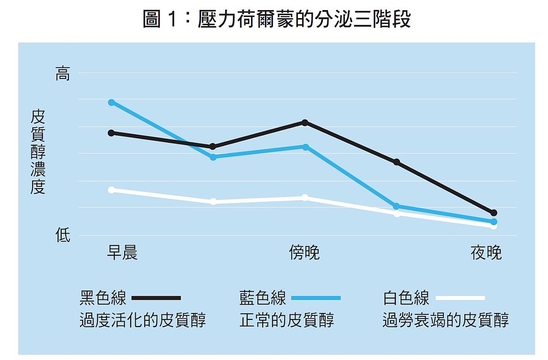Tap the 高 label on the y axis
[x=63, y=73]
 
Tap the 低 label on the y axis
[x=63, y=235]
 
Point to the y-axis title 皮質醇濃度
[x=38, y=152]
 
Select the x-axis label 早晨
[x=122, y=252]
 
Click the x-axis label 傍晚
[x=304, y=252]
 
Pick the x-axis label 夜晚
[x=486, y=252]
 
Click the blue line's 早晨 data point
[x=111, y=102]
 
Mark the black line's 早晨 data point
[x=111, y=133]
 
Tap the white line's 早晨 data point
[x=111, y=189]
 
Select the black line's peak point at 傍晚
[x=305, y=122]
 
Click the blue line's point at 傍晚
[x=306, y=147]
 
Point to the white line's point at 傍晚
[x=305, y=198]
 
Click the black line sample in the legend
[x=156, y=298]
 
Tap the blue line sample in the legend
[x=316, y=298]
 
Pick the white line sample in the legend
[x=460, y=298]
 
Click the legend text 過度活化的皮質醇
[x=142, y=320]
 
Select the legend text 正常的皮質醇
[x=287, y=320]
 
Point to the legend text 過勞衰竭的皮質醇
[x=445, y=320]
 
